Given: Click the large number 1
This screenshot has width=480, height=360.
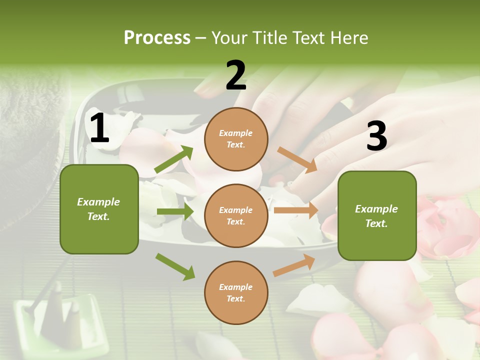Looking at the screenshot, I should pos(99,128).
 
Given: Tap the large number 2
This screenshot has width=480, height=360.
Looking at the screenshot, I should pos(236,75).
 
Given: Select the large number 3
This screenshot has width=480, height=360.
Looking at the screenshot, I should pos(376,136).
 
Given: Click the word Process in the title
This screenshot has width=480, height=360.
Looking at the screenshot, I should pos(157,38).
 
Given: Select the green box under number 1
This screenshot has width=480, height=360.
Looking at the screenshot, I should pos(99,209).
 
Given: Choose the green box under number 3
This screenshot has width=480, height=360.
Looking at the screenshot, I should pos(377,216).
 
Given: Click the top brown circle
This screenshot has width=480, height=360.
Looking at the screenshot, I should pos(236,139).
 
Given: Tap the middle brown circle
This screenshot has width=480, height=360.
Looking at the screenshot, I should pos(236,215).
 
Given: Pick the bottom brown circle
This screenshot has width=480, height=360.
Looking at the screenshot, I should pos(236,292).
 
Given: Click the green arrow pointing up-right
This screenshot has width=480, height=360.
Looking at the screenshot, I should pos(174,159).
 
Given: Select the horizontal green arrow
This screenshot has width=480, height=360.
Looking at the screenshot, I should pos(175,211).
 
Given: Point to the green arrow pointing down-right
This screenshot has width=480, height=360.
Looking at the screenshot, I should pos(175,266).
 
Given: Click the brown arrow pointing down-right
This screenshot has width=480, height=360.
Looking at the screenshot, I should pos(297,160).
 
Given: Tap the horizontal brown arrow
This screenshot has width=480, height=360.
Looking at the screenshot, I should pos(296,210).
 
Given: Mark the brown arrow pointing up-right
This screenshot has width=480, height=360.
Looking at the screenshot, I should pos(294,265).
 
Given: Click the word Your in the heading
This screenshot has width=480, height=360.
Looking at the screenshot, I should pos(229,38).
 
